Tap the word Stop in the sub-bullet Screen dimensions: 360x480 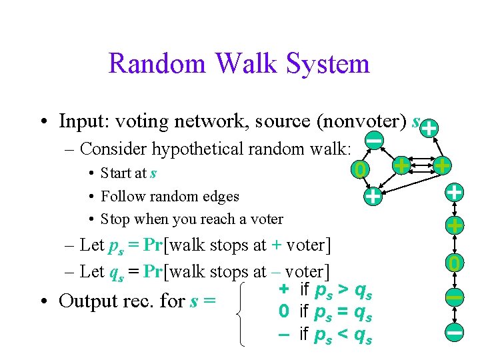pyautogui.click(x=115, y=219)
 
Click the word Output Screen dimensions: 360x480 pyautogui.click(x=87, y=301)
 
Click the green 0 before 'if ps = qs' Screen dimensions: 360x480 pyautogui.click(x=283, y=311)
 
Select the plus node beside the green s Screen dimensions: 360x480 pyautogui.click(x=430, y=127)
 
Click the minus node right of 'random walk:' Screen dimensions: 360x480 pyautogui.click(x=375, y=140)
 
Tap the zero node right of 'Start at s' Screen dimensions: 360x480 pyautogui.click(x=359, y=171)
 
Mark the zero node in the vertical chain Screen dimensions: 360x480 pyautogui.click(x=455, y=263)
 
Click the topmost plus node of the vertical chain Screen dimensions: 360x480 pyautogui.click(x=454, y=193)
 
